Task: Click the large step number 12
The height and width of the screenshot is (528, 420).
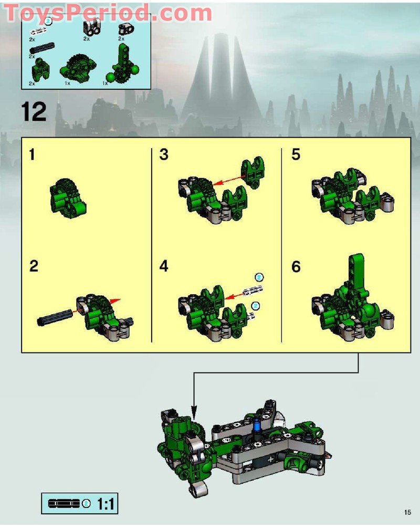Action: click(x=34, y=111)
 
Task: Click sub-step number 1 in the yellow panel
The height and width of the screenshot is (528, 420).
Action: click(x=33, y=156)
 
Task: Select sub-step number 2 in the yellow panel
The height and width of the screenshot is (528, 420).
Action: click(x=34, y=266)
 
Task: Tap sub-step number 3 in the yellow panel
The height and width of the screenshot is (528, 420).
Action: click(x=164, y=156)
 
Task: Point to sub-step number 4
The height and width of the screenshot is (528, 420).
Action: click(x=164, y=266)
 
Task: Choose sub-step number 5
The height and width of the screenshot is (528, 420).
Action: click(x=296, y=156)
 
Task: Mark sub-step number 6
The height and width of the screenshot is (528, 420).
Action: click(x=297, y=267)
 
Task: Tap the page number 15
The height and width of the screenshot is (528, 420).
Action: click(x=407, y=512)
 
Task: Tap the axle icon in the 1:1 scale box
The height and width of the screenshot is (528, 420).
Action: click(x=64, y=504)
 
